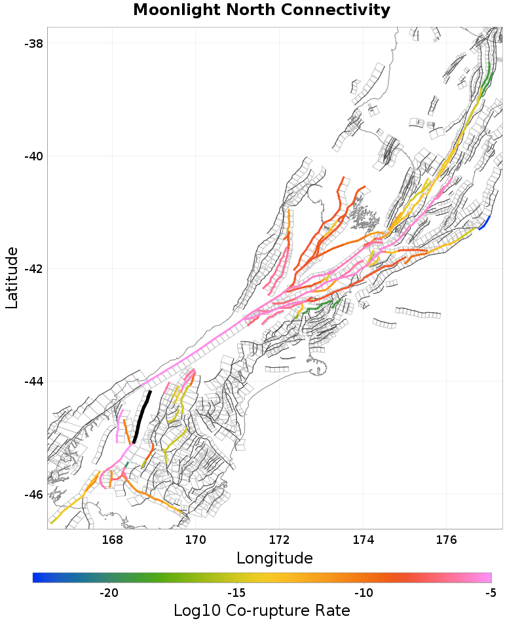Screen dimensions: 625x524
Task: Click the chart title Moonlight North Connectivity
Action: pyautogui.click(x=261, y=10)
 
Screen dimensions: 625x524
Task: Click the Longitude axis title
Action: pyautogui.click(x=274, y=558)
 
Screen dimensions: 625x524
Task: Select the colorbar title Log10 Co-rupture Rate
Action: pyautogui.click(x=261, y=611)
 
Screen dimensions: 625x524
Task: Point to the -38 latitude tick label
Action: pyautogui.click(x=33, y=44)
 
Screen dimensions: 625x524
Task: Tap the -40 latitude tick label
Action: pyautogui.click(x=33, y=156)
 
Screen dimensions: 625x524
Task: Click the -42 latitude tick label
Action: pyautogui.click(x=33, y=269)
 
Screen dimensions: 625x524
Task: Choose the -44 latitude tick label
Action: pyautogui.click(x=33, y=382)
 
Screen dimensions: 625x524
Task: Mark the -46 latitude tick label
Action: pyautogui.click(x=33, y=494)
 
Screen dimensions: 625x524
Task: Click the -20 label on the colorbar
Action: pyautogui.click(x=109, y=593)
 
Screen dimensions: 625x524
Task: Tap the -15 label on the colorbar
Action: pyautogui.click(x=236, y=593)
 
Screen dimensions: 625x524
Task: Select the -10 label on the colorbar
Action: pyautogui.click(x=364, y=593)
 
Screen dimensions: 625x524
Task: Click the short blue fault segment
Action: pyautogui.click(x=485, y=223)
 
